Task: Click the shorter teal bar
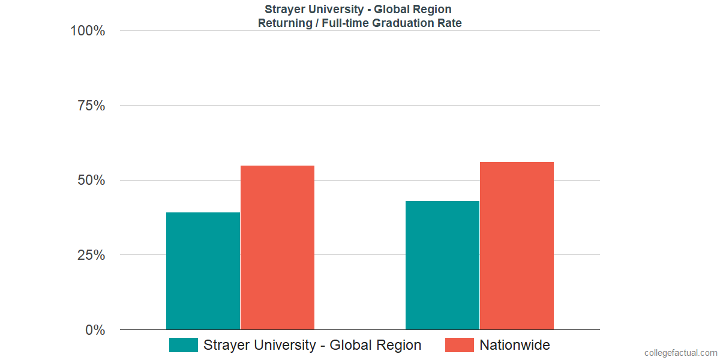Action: coord(203,271)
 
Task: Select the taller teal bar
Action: coord(442,265)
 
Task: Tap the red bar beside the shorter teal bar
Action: coord(277,247)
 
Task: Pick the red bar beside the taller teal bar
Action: coord(517,245)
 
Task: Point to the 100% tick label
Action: coord(88,31)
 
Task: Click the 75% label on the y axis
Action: coord(91,106)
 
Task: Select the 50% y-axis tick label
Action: coord(91,181)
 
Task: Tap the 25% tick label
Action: coord(91,255)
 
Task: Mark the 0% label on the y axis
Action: coord(95,330)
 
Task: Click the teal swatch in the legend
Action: coord(183,345)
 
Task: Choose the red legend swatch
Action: coord(459,345)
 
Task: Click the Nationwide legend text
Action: coord(515,345)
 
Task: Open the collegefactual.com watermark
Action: coord(680,353)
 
